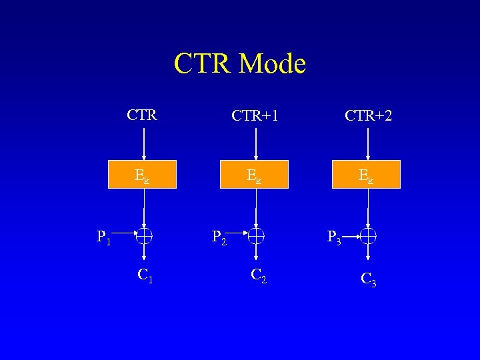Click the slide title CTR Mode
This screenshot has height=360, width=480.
click(239, 64)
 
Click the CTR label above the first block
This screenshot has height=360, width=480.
click(142, 115)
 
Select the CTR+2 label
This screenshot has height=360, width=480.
click(368, 116)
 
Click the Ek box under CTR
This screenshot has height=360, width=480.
click(143, 175)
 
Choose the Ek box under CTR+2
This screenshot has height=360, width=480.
click(367, 175)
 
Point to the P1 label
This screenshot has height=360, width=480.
click(104, 236)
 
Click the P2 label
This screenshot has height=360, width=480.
click(219, 236)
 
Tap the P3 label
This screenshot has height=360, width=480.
click(334, 237)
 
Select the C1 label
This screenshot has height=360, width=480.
click(145, 274)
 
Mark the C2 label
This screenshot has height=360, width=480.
click(259, 274)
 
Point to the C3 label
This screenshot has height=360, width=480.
click(369, 279)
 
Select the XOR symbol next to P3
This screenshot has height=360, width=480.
click(369, 235)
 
